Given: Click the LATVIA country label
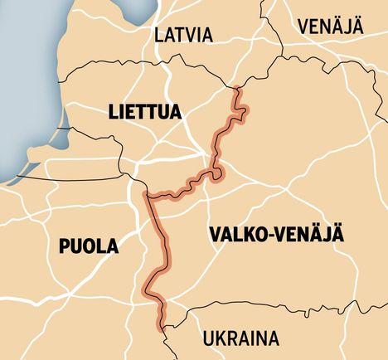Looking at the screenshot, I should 183,35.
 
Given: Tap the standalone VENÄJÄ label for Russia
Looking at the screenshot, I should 331,25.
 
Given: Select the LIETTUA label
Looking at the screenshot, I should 144,111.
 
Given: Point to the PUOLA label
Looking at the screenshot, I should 88,246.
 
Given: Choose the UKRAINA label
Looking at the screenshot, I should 240,339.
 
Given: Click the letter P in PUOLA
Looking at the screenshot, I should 64,246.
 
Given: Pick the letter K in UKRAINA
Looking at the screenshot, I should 217,339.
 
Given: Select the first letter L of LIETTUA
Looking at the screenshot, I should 112,111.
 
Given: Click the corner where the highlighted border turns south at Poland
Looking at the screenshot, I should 147,196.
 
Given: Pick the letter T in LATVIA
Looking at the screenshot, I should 182,35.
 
